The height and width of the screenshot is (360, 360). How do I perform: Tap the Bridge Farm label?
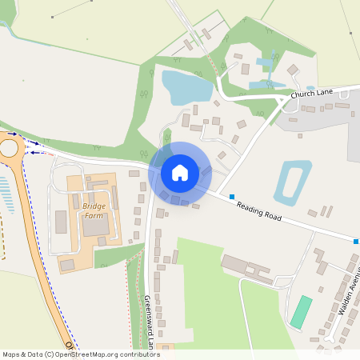click(94, 210)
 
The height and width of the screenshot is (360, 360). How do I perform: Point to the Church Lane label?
click(312, 94)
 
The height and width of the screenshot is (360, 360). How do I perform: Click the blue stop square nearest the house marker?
click(232, 196)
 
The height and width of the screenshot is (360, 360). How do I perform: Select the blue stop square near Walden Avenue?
click(356, 240)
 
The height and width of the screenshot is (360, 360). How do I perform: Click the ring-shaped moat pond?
click(293, 182)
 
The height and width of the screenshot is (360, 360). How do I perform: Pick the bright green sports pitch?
click(301, 312)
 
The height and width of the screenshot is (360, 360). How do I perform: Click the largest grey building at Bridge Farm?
click(94, 227)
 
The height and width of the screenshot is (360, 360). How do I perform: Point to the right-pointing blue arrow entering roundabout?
click(13, 134)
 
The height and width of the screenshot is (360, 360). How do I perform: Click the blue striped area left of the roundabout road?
click(6, 196)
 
